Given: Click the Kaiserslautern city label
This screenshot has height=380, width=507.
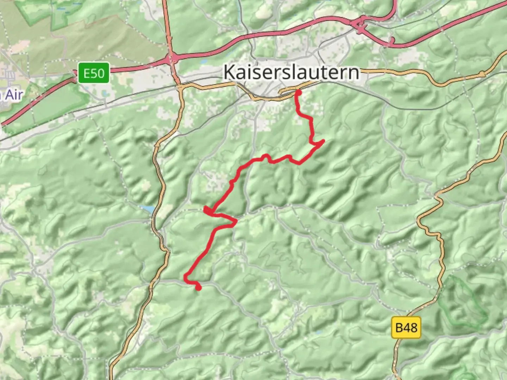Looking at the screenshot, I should [x=292, y=72].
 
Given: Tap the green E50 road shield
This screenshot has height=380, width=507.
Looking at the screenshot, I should [x=94, y=73].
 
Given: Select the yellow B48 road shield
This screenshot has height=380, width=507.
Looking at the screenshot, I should [x=406, y=328].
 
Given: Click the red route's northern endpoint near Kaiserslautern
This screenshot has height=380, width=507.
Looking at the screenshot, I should [x=298, y=93].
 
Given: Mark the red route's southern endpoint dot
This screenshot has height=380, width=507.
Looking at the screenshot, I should [x=199, y=288].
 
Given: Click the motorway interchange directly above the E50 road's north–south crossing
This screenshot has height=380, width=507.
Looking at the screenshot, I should [x=173, y=58].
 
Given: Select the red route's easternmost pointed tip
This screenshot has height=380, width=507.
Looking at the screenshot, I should [x=323, y=141].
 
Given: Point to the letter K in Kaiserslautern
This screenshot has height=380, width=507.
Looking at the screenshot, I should [x=229, y=72].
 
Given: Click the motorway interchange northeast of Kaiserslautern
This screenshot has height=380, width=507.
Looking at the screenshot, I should [x=360, y=25].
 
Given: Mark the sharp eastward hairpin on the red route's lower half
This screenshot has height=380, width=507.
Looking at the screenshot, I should [x=236, y=221].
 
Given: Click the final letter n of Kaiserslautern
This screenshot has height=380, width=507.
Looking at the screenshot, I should [x=355, y=72].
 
